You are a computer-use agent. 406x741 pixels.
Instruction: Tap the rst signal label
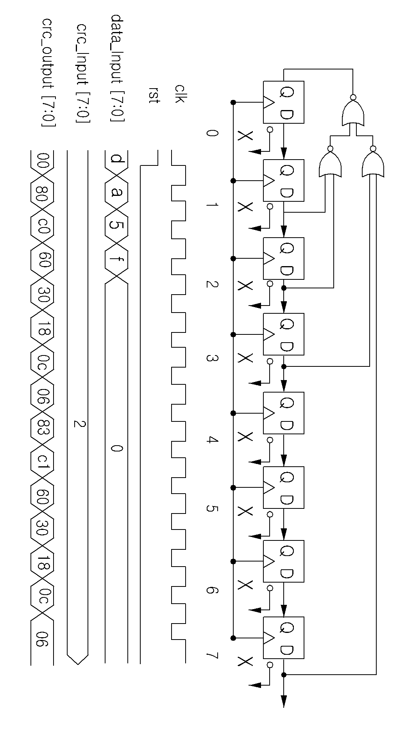pos(155,95)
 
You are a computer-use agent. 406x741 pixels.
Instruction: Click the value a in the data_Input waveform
pos(116,192)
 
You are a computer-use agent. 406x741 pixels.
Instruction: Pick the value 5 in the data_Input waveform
pos(116,226)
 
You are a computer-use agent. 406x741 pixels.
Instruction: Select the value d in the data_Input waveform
pos(116,159)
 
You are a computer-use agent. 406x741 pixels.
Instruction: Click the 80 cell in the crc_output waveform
pos(42,193)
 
